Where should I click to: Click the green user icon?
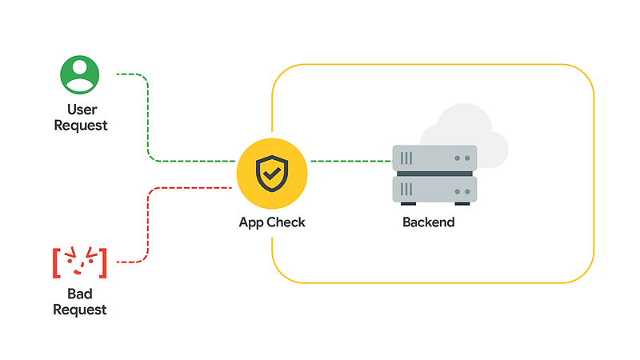[x=79, y=74]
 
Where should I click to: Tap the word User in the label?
[x=80, y=110]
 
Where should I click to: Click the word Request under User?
[x=80, y=126]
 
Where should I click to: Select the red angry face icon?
[x=79, y=262]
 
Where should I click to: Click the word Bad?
[x=80, y=294]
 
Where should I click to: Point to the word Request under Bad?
[x=80, y=310]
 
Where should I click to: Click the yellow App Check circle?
[x=272, y=171]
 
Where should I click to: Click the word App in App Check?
[x=252, y=222]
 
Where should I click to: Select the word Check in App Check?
[x=286, y=222]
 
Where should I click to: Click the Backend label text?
[x=428, y=222]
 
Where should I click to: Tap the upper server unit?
[x=434, y=158]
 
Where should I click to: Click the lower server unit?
[x=434, y=190]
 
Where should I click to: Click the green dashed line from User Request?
[x=149, y=120]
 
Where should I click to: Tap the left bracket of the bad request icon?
[x=57, y=262]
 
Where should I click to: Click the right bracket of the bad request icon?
[x=103, y=262]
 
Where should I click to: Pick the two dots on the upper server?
[x=462, y=158]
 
